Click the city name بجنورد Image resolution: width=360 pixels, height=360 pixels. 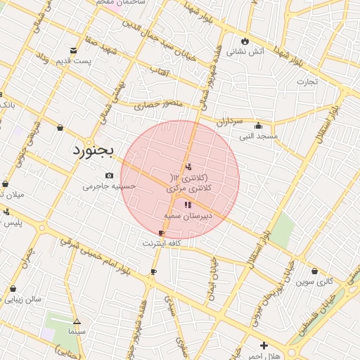click(x=92, y=150)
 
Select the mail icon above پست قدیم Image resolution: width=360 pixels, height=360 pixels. click(x=74, y=50)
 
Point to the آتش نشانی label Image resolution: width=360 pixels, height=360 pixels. click(x=250, y=51)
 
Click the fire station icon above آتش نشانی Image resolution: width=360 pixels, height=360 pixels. click(x=245, y=41)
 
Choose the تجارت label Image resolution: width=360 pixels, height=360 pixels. click(x=307, y=82)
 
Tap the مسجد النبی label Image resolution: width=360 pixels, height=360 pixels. click(x=258, y=136)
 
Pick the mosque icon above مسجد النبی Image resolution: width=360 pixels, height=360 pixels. click(x=258, y=126)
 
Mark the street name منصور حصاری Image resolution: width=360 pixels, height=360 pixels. click(x=158, y=104)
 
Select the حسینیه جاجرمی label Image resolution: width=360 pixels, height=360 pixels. click(x=108, y=186)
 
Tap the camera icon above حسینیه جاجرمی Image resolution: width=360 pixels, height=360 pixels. click(x=109, y=175)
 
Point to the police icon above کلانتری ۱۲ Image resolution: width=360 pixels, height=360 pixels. click(x=187, y=167)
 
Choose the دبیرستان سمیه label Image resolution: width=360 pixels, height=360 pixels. click(x=188, y=216)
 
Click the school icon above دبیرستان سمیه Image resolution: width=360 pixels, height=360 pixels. click(x=187, y=205)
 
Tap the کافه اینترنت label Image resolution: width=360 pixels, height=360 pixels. click(x=162, y=243)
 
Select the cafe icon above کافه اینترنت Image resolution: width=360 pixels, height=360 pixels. click(x=162, y=233)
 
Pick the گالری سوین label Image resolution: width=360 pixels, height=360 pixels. click(x=314, y=281)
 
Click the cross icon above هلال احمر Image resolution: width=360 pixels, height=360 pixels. click(x=264, y=345)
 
